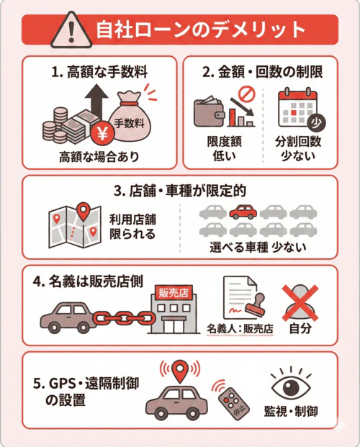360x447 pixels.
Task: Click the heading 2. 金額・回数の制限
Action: (261, 72)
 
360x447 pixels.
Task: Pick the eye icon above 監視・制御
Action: (290, 387)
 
